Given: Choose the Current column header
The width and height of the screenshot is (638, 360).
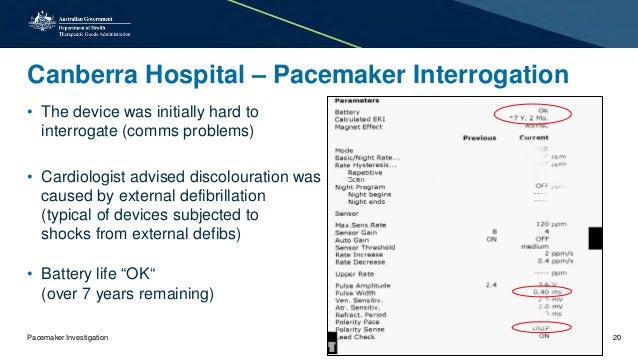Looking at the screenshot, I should (534, 138).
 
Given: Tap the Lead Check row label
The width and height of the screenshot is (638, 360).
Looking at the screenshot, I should (357, 338).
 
